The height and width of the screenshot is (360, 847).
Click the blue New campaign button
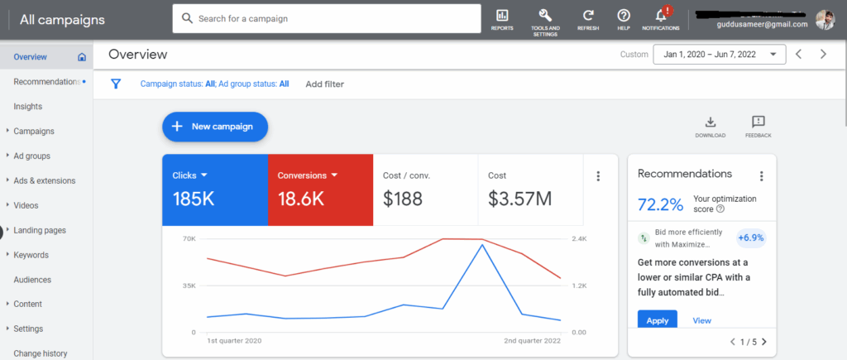(x=214, y=127)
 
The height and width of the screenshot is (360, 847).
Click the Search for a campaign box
(x=327, y=18)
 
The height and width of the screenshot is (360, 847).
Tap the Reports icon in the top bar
(x=502, y=16)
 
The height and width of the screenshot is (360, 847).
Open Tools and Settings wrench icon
(x=545, y=16)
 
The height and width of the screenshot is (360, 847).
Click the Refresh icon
(x=588, y=16)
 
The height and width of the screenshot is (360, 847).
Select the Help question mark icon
(x=624, y=16)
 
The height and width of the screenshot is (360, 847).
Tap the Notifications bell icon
(x=660, y=16)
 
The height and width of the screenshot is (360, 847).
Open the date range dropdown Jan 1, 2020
(x=719, y=55)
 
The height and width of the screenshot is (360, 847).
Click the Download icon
(x=710, y=122)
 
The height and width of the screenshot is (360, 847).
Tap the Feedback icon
(x=758, y=122)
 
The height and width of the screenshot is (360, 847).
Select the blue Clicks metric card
(x=214, y=190)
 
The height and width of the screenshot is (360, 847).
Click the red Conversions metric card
(x=320, y=190)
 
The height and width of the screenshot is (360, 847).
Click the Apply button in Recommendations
(x=658, y=320)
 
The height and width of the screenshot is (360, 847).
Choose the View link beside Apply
(x=701, y=320)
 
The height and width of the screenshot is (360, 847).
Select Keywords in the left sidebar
(x=31, y=255)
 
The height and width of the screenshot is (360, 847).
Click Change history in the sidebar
(x=41, y=353)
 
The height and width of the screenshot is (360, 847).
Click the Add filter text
(x=324, y=84)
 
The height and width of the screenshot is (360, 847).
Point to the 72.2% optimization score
(x=661, y=204)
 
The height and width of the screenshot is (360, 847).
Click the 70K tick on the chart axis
(x=189, y=239)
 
